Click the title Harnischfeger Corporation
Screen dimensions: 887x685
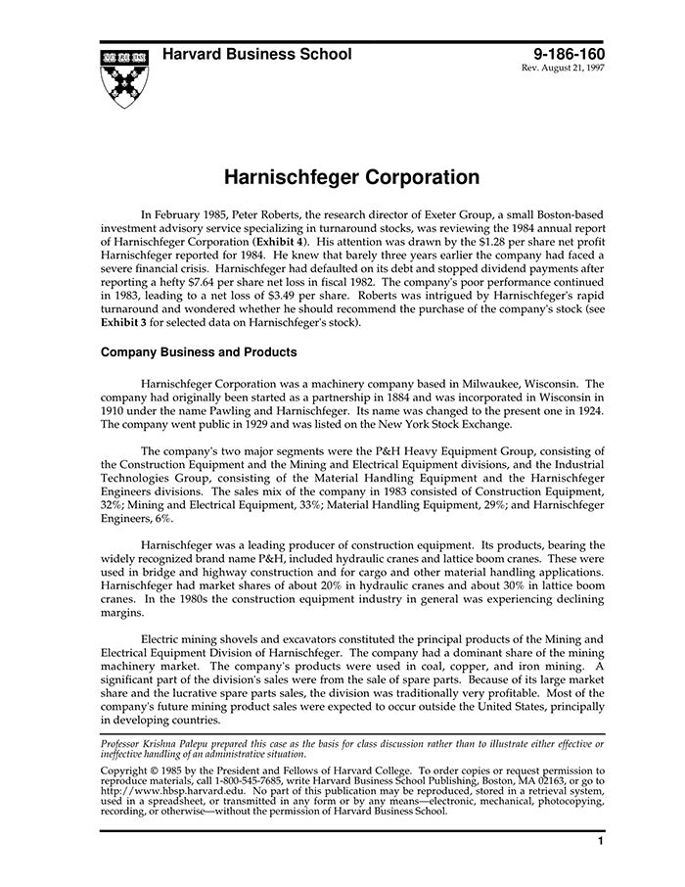click(338, 178)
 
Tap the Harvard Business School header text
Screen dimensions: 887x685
click(257, 55)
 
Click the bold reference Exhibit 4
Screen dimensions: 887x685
click(280, 240)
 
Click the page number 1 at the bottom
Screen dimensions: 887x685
click(598, 841)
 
